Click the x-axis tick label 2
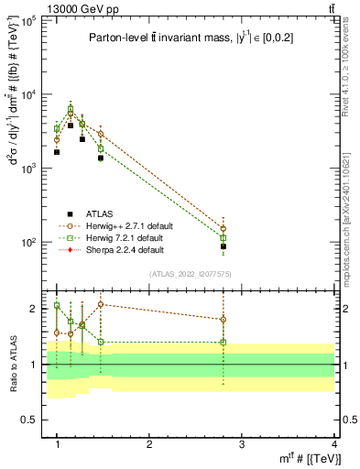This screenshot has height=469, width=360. point(149,444)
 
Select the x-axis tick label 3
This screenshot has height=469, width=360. point(242,444)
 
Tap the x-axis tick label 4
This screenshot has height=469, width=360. point(333,444)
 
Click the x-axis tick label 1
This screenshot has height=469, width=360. point(58,444)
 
